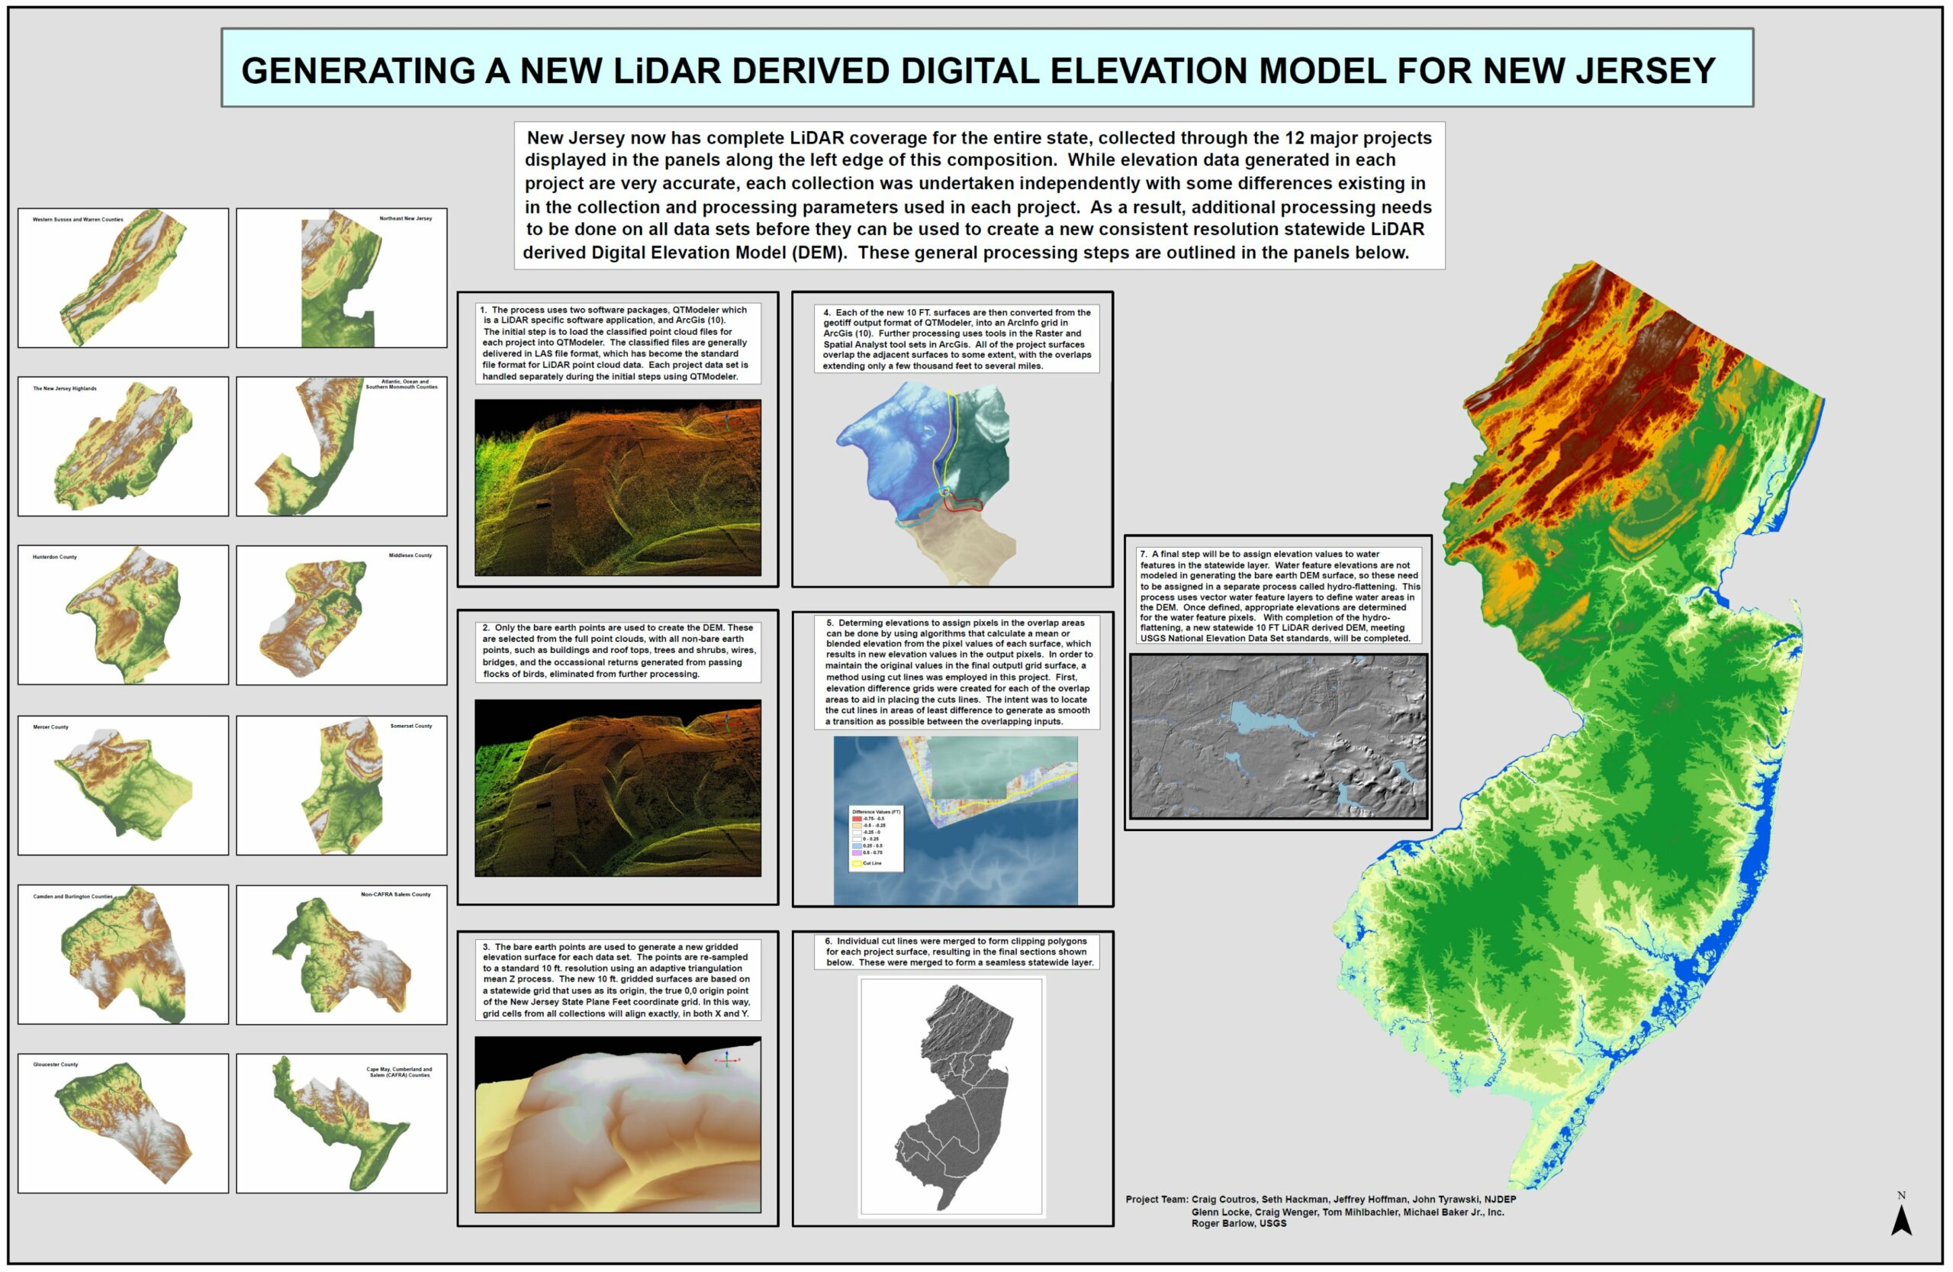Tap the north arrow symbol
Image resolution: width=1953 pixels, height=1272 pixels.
[1901, 1219]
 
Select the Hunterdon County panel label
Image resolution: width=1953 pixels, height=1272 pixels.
[54, 557]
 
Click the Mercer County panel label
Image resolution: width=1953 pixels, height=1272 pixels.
[50, 727]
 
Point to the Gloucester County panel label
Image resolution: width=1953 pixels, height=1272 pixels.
[55, 1064]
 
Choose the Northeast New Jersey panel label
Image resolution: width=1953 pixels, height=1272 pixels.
[405, 218]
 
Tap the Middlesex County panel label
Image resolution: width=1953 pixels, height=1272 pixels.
[410, 555]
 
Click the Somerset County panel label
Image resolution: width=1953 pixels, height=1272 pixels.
[411, 726]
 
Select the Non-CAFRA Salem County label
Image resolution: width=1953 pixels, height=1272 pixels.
[395, 894]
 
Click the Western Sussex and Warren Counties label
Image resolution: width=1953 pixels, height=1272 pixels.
[77, 219]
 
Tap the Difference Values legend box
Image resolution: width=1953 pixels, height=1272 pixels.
[877, 838]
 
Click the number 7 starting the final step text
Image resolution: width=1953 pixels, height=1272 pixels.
[1143, 555]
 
